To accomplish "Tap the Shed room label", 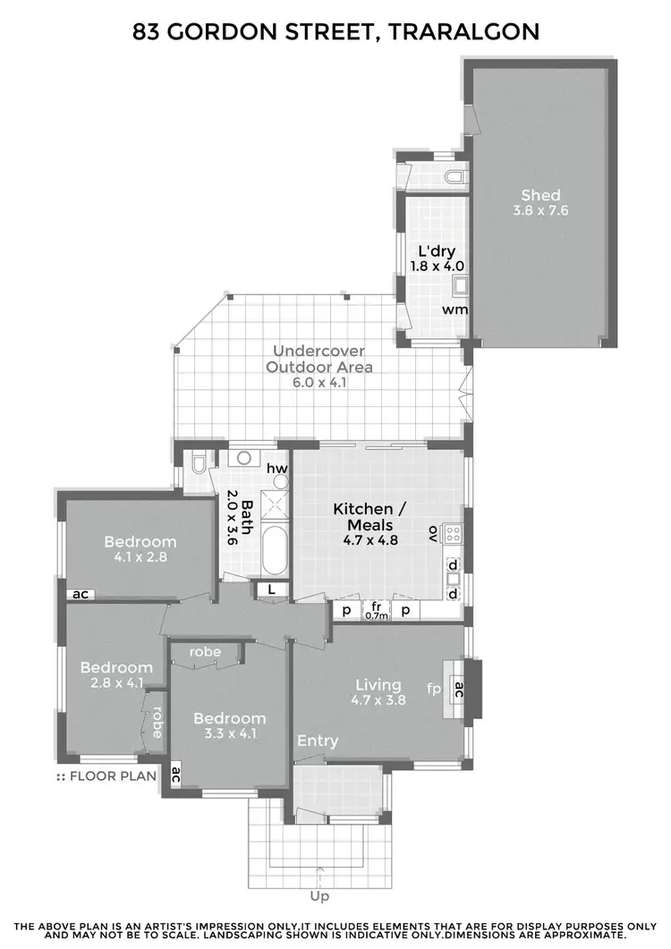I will tap(540, 195).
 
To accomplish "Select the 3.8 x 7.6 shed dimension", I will tap(540, 211).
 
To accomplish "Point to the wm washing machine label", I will tap(455, 309).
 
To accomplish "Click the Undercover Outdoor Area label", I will tap(323, 359).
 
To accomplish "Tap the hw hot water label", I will tap(276, 468).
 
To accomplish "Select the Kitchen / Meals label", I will tap(370, 516).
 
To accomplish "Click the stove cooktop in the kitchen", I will tap(454, 534).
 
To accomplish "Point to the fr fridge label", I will tap(377, 606).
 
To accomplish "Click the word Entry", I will tap(318, 741).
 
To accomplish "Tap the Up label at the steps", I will tap(319, 895).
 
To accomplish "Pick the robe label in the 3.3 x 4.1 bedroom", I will tap(206, 652).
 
